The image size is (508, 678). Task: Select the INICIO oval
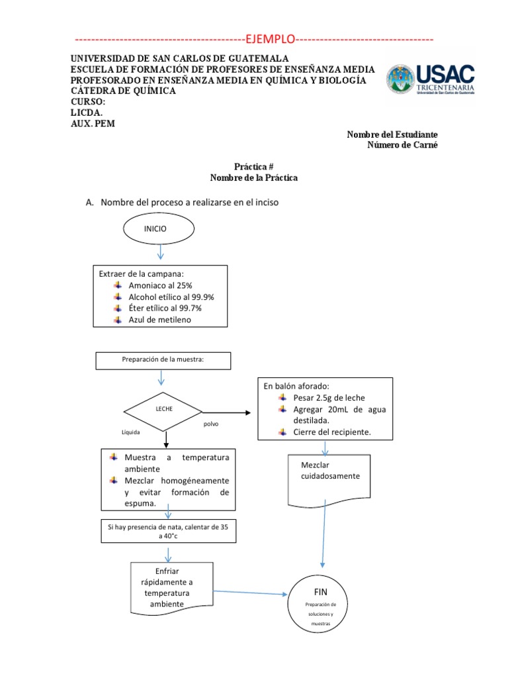click(x=155, y=229)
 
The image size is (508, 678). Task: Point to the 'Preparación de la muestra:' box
click(x=163, y=360)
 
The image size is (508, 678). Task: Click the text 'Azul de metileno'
click(x=159, y=320)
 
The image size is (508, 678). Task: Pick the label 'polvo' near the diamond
click(x=211, y=423)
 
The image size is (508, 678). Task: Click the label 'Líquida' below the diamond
click(x=130, y=432)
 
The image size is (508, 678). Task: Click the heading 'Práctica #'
click(x=254, y=167)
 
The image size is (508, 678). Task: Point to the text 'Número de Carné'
click(x=402, y=146)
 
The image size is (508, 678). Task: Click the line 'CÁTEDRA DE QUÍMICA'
click(x=123, y=91)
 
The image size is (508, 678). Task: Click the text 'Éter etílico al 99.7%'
click(x=165, y=309)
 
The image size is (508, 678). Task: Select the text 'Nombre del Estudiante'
click(x=392, y=134)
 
